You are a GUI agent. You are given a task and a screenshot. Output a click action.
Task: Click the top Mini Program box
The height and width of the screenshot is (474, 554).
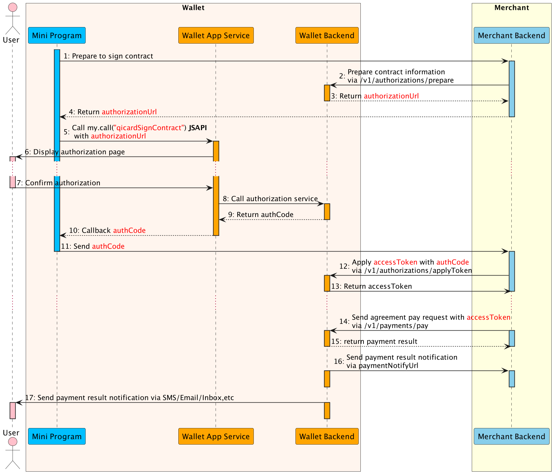57,35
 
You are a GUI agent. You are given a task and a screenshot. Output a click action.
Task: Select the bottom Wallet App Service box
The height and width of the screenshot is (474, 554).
216,436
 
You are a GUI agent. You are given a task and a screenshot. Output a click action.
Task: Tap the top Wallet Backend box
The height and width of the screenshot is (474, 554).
327,35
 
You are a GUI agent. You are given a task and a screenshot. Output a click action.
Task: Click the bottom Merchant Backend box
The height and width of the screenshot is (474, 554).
511,436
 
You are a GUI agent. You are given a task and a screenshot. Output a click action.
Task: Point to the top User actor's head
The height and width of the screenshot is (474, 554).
13,7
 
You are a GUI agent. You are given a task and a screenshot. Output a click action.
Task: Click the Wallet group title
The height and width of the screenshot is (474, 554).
193,8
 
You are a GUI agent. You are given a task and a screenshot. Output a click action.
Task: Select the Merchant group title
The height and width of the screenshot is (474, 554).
511,8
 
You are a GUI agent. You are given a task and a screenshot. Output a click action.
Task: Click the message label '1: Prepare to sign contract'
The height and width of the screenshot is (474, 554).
108,56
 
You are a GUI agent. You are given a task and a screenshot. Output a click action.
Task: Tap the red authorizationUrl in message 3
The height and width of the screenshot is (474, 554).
391,96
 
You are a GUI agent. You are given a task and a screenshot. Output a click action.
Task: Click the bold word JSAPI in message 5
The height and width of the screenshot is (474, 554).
198,128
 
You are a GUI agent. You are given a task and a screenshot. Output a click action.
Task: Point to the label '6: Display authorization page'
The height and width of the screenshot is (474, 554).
75,152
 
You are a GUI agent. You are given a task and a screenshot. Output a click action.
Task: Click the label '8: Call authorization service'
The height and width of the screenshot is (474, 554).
270,199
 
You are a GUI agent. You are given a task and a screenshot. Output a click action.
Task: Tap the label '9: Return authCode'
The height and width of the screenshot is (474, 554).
261,215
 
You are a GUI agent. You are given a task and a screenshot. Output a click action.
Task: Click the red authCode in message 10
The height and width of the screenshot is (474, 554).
129,231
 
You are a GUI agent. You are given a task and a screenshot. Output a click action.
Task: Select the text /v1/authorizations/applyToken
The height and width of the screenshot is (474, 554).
418,270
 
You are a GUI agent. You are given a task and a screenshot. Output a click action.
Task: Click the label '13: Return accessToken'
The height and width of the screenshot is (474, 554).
371,286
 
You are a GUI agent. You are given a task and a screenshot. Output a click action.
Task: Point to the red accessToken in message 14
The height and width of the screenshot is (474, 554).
488,317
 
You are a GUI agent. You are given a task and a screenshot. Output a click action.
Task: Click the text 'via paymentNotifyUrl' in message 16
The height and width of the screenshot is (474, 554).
382,365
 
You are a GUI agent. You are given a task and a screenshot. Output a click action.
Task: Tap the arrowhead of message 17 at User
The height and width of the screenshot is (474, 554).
19,402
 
